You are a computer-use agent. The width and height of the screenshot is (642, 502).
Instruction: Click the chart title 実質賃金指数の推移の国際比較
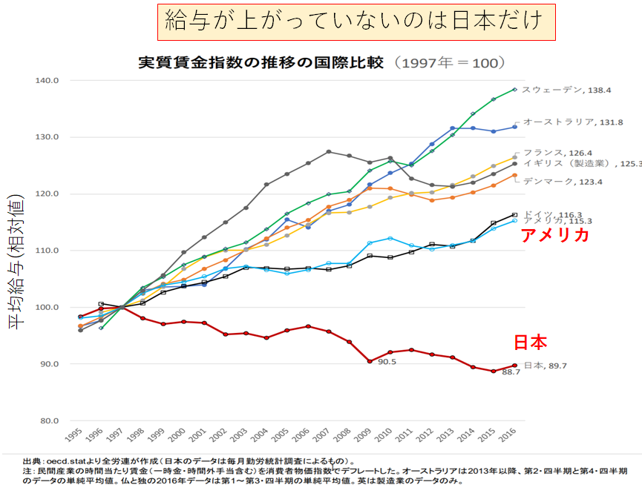pos(261,62)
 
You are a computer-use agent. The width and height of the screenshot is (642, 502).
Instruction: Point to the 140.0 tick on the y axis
pos(59,80)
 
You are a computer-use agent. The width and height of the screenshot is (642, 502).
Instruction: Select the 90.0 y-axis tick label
pos(59,364)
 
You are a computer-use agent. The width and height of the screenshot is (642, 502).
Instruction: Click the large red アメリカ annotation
pos(555,236)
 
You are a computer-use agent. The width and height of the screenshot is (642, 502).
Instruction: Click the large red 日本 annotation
pos(531,343)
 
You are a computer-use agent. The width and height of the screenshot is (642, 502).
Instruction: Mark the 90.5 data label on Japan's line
pos(388,363)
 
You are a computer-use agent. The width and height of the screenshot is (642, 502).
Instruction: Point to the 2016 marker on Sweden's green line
pos(514,90)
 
